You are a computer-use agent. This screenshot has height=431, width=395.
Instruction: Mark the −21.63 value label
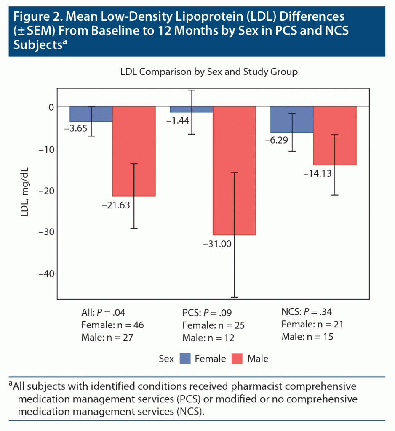(x=116, y=206)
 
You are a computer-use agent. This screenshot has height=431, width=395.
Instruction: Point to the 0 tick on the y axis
(x=51, y=107)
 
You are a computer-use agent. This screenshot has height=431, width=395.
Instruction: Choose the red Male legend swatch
(x=237, y=359)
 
